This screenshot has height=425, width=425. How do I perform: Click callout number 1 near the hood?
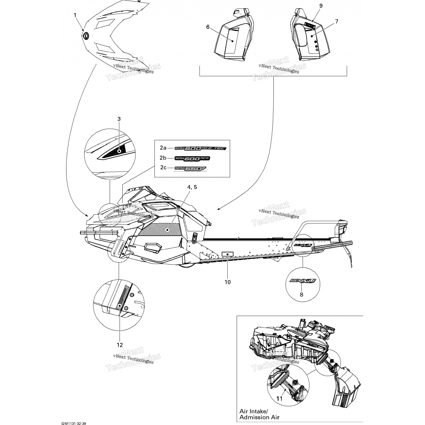(75, 15)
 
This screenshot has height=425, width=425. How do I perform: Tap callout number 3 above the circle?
(119, 119)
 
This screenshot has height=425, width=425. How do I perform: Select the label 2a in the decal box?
(163, 148)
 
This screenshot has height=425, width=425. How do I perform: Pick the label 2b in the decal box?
(163, 158)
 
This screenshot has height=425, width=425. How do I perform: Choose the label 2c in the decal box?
(163, 167)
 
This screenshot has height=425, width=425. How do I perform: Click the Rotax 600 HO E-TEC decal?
(201, 148)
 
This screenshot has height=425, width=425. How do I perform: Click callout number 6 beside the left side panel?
(208, 27)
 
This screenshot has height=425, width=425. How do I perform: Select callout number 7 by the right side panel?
(337, 21)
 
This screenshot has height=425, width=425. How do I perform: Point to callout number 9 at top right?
(321, 6)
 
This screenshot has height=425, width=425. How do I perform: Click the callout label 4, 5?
(192, 187)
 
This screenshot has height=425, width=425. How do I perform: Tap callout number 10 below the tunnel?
(228, 282)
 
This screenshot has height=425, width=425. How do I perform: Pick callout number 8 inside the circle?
(301, 295)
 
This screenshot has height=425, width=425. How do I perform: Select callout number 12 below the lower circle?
(120, 345)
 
